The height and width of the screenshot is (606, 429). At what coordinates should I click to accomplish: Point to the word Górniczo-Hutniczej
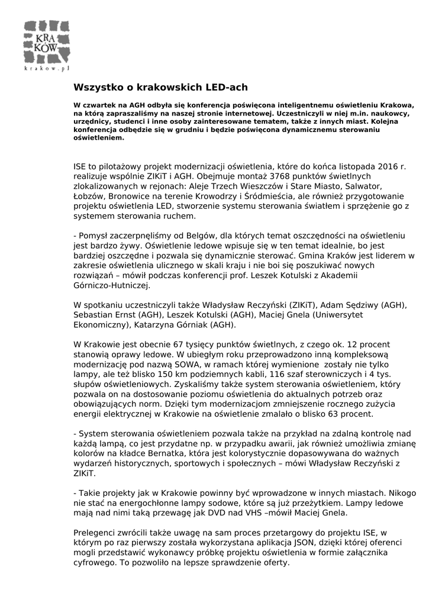pyautogui.click(x=112, y=285)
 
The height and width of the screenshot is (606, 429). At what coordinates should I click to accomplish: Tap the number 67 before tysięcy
pyautogui.click(x=163, y=344)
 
